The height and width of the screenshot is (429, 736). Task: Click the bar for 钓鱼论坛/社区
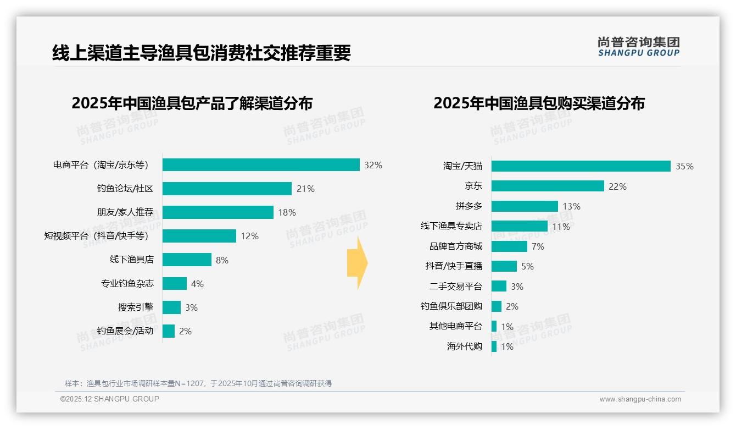[x=227, y=189]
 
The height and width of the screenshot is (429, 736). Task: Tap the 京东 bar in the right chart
[x=548, y=186]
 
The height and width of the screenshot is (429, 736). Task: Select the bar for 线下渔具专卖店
[x=519, y=226]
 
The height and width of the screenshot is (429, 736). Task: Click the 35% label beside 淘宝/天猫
[x=684, y=166]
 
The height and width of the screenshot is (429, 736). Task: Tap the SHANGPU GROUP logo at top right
[x=638, y=46]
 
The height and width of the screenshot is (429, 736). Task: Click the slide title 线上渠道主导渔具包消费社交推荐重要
[x=201, y=53]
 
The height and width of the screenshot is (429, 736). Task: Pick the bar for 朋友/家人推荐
[x=218, y=212]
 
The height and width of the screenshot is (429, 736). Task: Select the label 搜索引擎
[x=136, y=307]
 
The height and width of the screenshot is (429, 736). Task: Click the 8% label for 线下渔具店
[x=222, y=260]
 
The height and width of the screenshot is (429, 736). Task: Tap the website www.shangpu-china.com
[x=640, y=399]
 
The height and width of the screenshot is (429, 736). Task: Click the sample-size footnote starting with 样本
[x=198, y=383]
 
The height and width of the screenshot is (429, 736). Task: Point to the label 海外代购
[x=464, y=346]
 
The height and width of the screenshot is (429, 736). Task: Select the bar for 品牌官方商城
[x=509, y=246]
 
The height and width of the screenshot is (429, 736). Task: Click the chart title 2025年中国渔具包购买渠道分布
[x=539, y=103]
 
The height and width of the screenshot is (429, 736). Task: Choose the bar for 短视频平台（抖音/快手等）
[x=199, y=236]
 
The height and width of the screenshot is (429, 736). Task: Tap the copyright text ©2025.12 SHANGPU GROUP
[x=110, y=399]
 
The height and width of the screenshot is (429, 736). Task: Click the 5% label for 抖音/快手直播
[x=527, y=266]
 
